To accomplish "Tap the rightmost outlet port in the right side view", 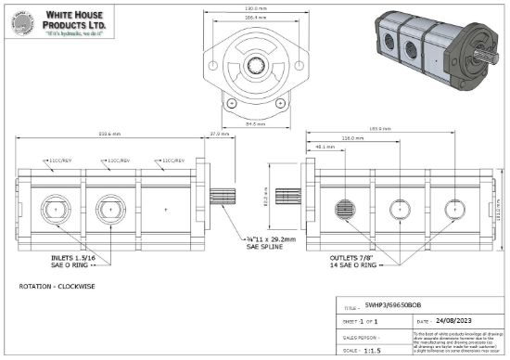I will click(452, 210).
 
